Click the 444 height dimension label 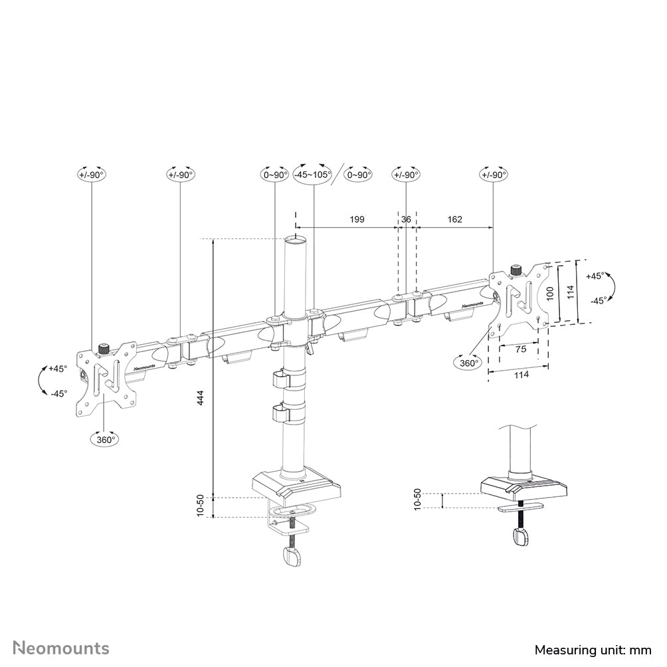coord(199,398)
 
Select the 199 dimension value coord(357,219)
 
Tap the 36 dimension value coord(406,219)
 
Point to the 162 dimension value coord(455,219)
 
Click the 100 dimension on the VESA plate coord(549,293)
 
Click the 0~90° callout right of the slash coord(359,174)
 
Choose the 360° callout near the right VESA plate coord(468,363)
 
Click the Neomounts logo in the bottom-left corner coord(61,648)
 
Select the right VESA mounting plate coord(521,298)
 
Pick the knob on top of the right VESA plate coord(515,270)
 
